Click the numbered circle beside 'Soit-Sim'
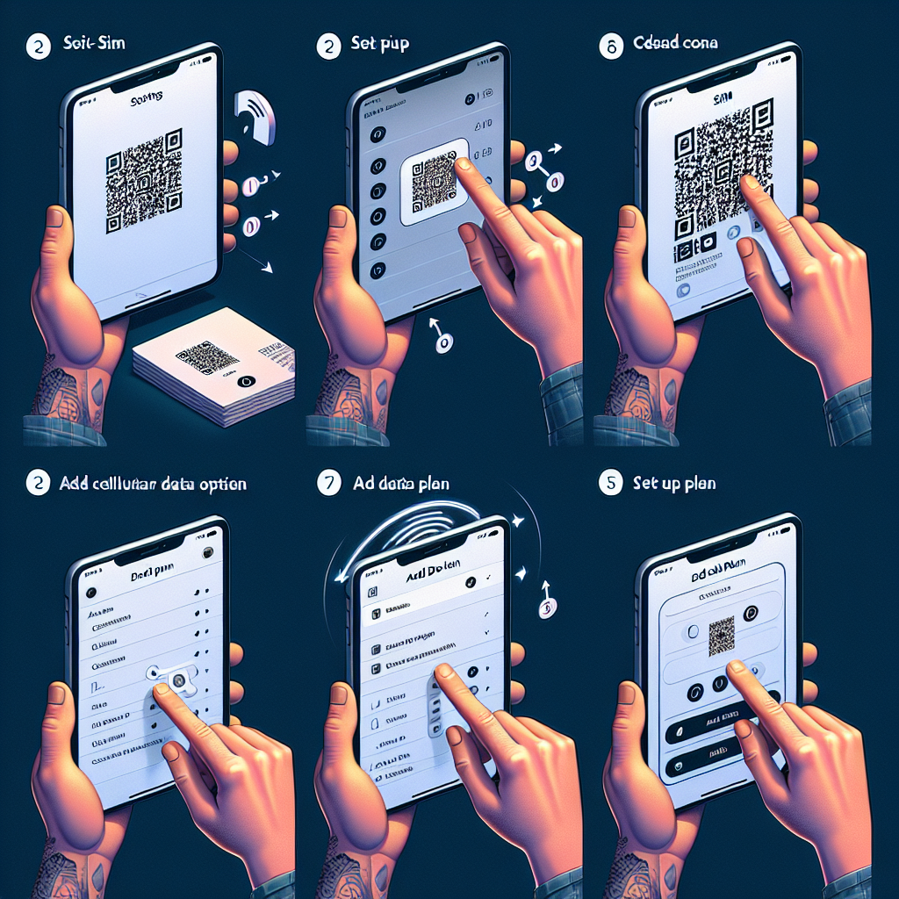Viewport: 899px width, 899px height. (38, 46)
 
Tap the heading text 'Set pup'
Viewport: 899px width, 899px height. (380, 46)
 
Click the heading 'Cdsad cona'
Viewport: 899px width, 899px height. (674, 45)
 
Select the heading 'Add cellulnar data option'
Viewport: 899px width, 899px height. (154, 484)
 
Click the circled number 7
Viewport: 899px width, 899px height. (328, 484)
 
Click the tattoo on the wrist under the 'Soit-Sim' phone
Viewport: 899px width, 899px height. (66, 391)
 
